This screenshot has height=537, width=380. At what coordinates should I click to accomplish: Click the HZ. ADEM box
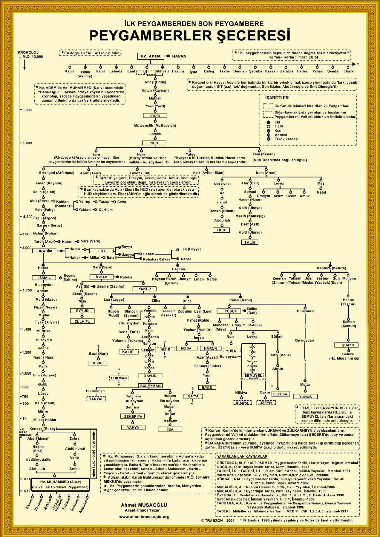point(151,56)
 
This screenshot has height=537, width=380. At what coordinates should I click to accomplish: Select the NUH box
point(154,143)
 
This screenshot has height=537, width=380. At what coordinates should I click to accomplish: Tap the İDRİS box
point(155,116)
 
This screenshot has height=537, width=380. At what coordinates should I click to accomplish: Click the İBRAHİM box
point(44,251)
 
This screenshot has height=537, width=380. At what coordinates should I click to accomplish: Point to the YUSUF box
point(230,311)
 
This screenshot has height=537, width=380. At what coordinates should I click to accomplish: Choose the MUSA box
point(186,348)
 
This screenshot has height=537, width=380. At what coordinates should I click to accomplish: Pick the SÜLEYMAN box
point(150,386)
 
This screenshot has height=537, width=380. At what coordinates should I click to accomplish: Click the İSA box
point(170,429)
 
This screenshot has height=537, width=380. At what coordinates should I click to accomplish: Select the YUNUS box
point(305,397)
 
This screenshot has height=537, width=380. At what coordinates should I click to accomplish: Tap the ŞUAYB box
point(348,345)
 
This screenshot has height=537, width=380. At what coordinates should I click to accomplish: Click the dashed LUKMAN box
point(119,378)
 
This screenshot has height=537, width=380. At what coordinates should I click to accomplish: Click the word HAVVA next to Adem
point(179,56)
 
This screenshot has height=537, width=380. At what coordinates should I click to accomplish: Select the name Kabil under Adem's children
point(69,71)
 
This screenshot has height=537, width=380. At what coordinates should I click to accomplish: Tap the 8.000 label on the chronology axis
point(27,110)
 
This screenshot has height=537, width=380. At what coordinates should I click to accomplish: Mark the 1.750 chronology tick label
point(27,290)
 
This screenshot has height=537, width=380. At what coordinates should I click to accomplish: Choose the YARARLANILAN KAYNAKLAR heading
point(242,456)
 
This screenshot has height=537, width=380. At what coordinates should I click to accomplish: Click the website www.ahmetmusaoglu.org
point(144,517)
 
